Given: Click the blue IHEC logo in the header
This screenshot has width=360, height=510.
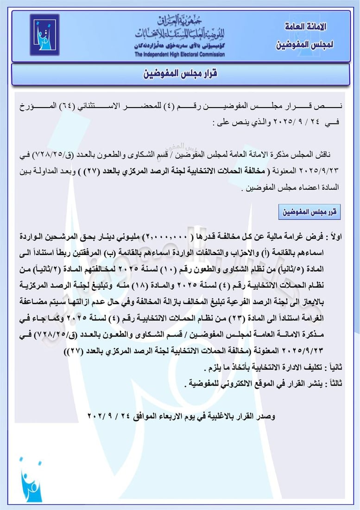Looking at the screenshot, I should pos(44,35).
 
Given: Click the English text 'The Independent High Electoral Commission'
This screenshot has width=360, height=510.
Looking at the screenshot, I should pos(180,55).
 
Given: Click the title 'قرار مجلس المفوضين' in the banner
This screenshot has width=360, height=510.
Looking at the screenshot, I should pos(179,74).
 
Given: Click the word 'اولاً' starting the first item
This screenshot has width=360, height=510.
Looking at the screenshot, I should pos(333,237).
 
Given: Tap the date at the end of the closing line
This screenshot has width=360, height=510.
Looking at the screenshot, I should pos(108,416).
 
